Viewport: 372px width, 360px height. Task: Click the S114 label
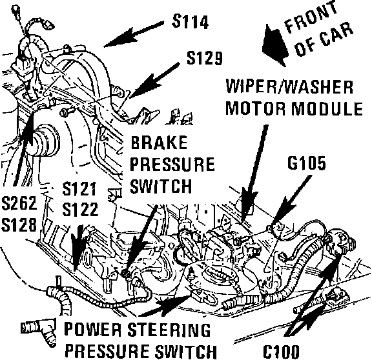pos(191,21)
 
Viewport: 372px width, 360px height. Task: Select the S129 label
pos(205,58)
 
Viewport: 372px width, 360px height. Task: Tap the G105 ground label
pos(307,163)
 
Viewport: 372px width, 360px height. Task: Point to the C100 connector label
pos(281,351)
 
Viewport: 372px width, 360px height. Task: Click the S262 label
pos(19,203)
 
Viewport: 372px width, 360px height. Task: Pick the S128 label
pos(19,225)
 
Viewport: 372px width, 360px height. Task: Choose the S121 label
pos(79,188)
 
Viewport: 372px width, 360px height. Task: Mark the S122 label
pos(80,209)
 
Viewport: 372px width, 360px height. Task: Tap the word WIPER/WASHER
pos(289,86)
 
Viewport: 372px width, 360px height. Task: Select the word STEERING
pos(169,329)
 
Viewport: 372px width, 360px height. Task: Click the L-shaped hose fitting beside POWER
pos(39,330)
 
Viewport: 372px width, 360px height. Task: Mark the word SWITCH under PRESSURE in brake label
pos(161,186)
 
